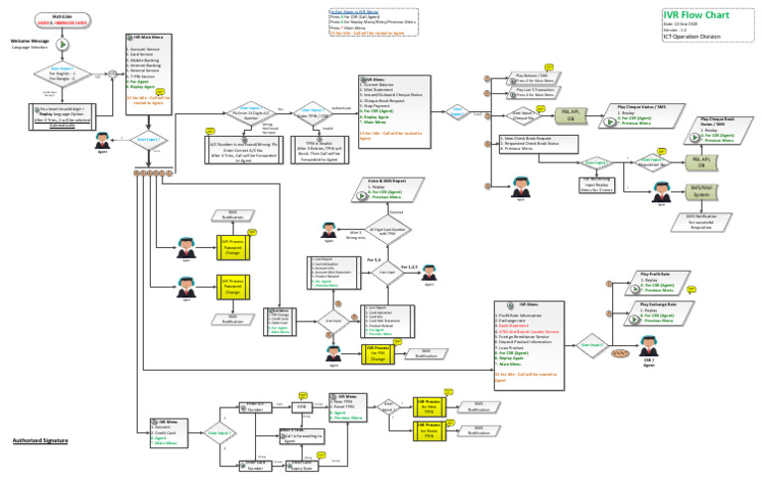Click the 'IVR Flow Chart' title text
(700, 15)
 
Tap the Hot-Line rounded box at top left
(62, 18)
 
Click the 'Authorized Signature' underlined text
(42, 439)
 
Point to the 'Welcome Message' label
(30, 41)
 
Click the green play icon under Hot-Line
(62, 45)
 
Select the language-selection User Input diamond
(62, 74)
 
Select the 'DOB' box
(301, 407)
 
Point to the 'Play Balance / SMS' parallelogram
(532, 78)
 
